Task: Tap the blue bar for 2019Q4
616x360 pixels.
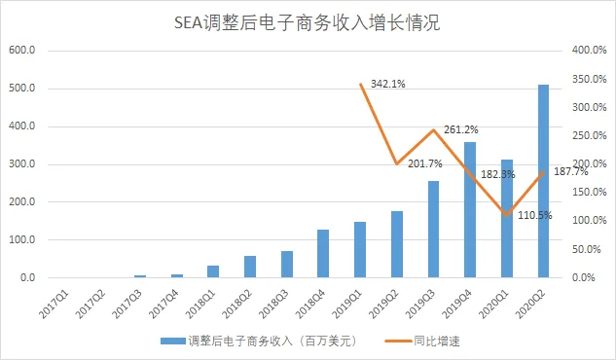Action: coord(470,210)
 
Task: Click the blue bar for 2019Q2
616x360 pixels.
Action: coord(397,244)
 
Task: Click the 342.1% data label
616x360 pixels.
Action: coord(387,84)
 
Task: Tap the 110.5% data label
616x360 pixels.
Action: coord(533,215)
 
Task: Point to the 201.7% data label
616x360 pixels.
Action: coord(425,163)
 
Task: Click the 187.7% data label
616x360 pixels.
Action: coord(570,171)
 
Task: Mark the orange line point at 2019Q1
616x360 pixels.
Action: coord(360,84)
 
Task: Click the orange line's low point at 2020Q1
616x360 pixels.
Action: coord(506,214)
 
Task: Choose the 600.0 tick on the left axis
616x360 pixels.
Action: coord(21,51)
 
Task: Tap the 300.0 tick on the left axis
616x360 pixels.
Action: coord(21,164)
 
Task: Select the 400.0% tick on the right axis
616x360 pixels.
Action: coord(587,51)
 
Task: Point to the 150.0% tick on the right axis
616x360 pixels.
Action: coord(587,193)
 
